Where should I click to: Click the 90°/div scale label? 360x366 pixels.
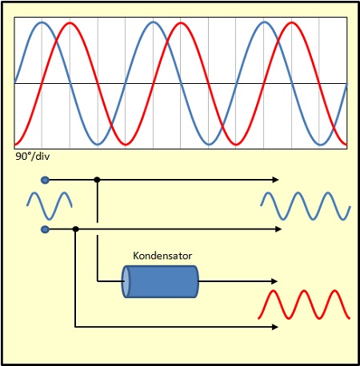pyautogui.click(x=33, y=157)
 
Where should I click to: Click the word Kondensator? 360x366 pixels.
pyautogui.click(x=162, y=256)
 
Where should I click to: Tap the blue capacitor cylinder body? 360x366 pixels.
pyautogui.click(x=160, y=281)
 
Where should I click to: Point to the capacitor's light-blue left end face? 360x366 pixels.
pyautogui.click(x=126, y=281)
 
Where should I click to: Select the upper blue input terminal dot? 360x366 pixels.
pyautogui.click(x=45, y=181)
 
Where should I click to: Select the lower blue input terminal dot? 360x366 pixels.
pyautogui.click(x=45, y=229)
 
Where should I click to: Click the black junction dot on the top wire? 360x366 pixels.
pyautogui.click(x=97, y=180)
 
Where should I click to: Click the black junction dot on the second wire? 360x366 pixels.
pyautogui.click(x=76, y=229)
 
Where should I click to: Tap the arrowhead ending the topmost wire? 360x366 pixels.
pyautogui.click(x=275, y=180)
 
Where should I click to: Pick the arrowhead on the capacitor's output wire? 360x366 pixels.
pyautogui.click(x=274, y=281)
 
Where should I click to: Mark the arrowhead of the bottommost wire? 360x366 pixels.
pyautogui.click(x=275, y=327)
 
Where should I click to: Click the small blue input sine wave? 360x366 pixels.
pyautogui.click(x=50, y=205)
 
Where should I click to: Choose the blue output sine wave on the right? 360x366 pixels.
pyautogui.click(x=306, y=206)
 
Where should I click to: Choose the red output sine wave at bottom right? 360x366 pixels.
pyautogui.click(x=304, y=304)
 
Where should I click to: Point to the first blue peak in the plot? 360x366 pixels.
pyautogui.click(x=42, y=22)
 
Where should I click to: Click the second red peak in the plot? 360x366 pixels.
pyautogui.click(x=181, y=23)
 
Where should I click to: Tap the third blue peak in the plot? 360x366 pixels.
pyautogui.click(x=264, y=22)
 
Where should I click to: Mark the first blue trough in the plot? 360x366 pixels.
pyautogui.click(x=98, y=145)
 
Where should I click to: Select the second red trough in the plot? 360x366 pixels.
pyautogui.click(x=236, y=145)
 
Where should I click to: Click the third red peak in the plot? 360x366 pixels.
pyautogui.click(x=292, y=23)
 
